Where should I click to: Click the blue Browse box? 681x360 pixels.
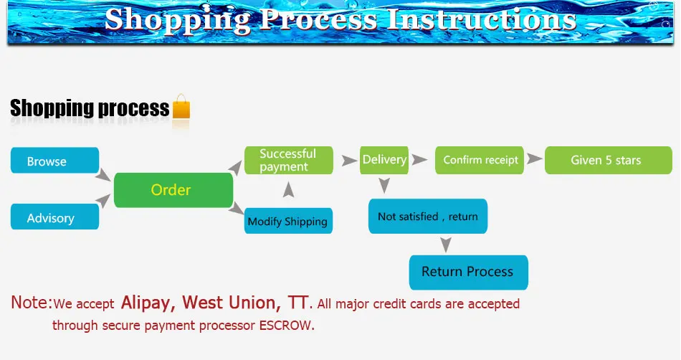pos(54,161)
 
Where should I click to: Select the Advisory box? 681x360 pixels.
pos(54,217)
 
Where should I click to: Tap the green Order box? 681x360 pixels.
pos(173,190)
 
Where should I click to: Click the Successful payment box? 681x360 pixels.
pos(289,160)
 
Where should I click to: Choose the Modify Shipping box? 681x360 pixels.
pos(288,221)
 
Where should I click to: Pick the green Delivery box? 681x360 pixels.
pos(384,159)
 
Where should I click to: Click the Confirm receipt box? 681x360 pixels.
pos(480,160)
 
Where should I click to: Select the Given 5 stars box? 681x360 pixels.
pos(606,160)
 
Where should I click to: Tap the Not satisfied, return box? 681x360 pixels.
pos(428,216)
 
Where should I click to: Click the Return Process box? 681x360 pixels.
pos(468,272)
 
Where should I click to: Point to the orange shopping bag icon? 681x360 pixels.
pos(181,108)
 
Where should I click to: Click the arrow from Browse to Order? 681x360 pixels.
pos(105,175)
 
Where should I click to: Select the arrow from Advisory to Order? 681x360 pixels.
pos(105,203)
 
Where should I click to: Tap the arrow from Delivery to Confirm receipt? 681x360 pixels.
pos(422,159)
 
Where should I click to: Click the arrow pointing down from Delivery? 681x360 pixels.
pos(384,186)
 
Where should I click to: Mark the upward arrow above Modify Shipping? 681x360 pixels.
pos(288,189)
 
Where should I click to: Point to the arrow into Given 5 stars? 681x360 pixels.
pos(534,159)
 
